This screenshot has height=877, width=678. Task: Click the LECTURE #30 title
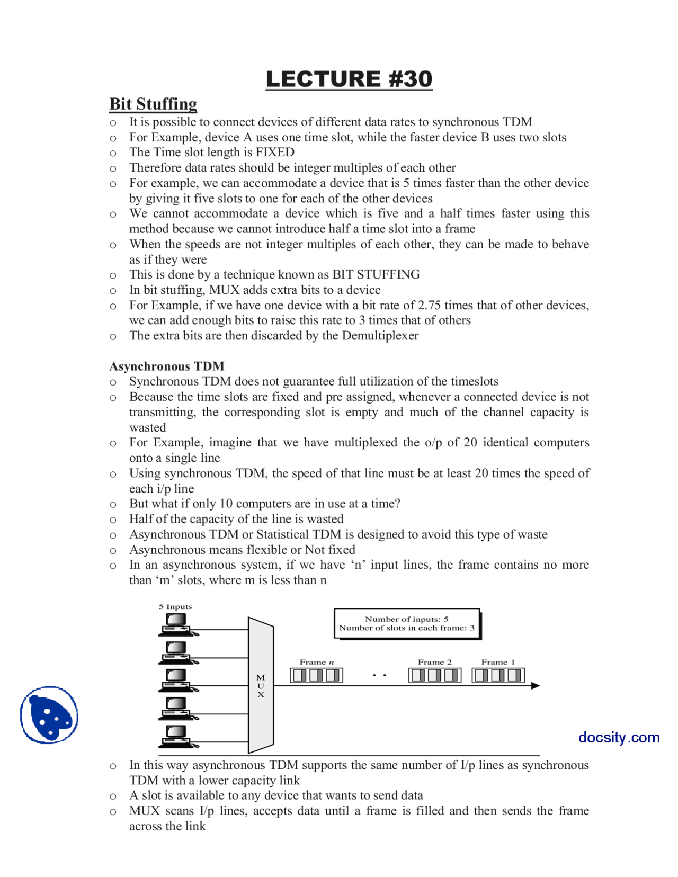[349, 79]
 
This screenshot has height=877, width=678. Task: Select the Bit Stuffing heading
[153, 104]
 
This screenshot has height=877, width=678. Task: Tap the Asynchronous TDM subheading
[167, 366]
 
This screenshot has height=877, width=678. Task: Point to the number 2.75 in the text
[430, 305]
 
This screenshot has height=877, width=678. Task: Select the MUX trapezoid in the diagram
[261, 685]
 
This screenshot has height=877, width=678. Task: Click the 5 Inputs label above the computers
[175, 607]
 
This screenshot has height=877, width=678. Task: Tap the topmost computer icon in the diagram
[177, 624]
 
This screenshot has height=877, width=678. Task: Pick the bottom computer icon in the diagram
[177, 736]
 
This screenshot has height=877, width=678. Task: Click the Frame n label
[316, 662]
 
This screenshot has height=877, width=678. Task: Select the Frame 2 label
[434, 662]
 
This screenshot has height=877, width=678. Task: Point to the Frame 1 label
[497, 662]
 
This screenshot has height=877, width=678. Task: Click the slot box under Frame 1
[498, 675]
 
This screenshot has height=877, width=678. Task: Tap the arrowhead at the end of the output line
[535, 686]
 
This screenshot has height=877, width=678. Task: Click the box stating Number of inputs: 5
[407, 623]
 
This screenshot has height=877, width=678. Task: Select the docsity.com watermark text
[619, 737]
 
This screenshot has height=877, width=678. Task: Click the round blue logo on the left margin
[49, 715]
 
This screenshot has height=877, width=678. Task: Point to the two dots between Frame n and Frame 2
[379, 675]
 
